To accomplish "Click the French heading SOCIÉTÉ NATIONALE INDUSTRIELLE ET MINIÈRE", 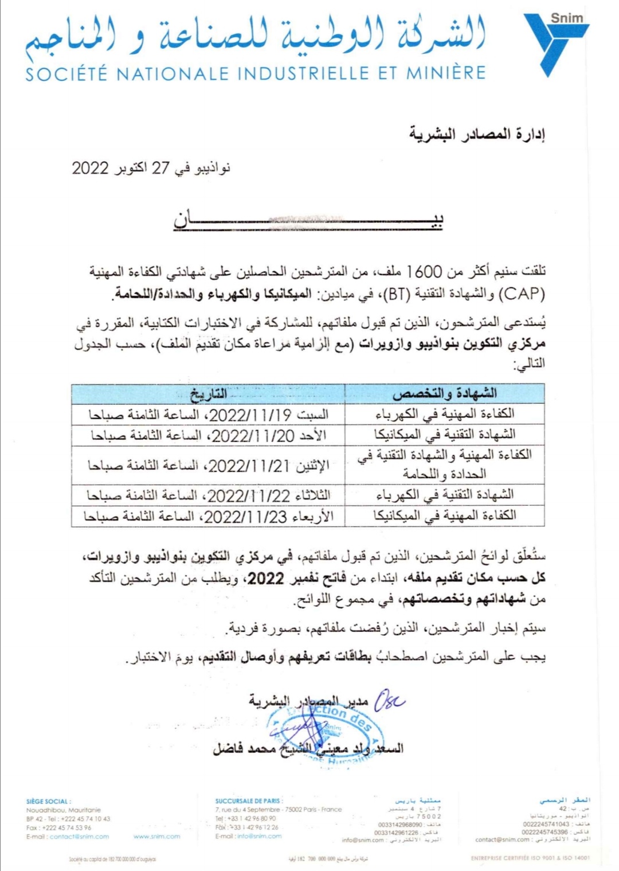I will [x=256, y=73].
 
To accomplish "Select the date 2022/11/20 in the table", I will [x=253, y=435].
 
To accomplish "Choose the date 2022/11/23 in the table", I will [x=245, y=516].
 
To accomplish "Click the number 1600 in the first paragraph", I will [x=425, y=271].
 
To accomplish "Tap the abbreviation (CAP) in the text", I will [x=522, y=294].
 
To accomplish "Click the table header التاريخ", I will [x=208, y=394].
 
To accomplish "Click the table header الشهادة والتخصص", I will [x=444, y=394].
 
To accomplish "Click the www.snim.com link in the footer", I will [x=156, y=837].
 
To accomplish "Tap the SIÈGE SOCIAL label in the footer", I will [x=49, y=801].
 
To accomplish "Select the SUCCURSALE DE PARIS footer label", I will [x=249, y=801].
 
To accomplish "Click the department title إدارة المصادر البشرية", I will [x=477, y=134].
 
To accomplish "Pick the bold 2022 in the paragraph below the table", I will [x=266, y=577].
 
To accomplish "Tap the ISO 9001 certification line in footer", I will [x=530, y=858].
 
